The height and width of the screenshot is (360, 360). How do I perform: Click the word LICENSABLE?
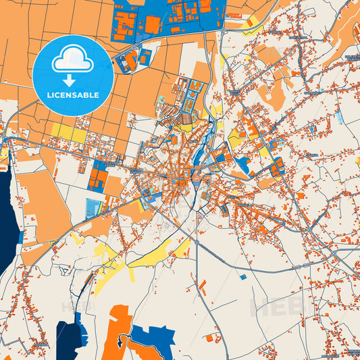point(73,95)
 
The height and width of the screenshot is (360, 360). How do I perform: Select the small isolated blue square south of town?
point(243,276)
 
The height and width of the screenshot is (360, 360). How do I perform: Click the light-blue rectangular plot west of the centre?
point(94,207)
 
